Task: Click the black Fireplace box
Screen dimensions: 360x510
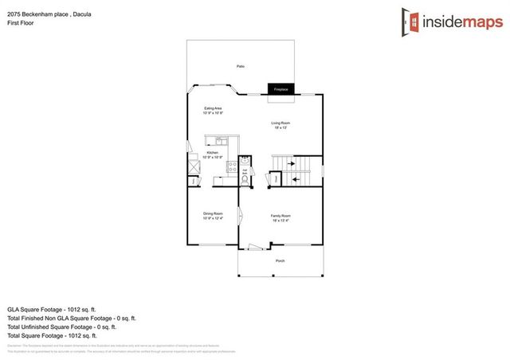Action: click(x=281, y=90)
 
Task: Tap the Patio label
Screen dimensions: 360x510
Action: click(x=240, y=66)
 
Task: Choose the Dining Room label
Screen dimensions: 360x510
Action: click(x=212, y=216)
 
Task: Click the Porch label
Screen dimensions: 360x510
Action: click(x=280, y=261)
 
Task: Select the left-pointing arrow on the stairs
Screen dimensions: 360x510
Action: click(x=295, y=179)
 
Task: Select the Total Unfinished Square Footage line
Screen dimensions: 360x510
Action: click(x=62, y=327)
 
